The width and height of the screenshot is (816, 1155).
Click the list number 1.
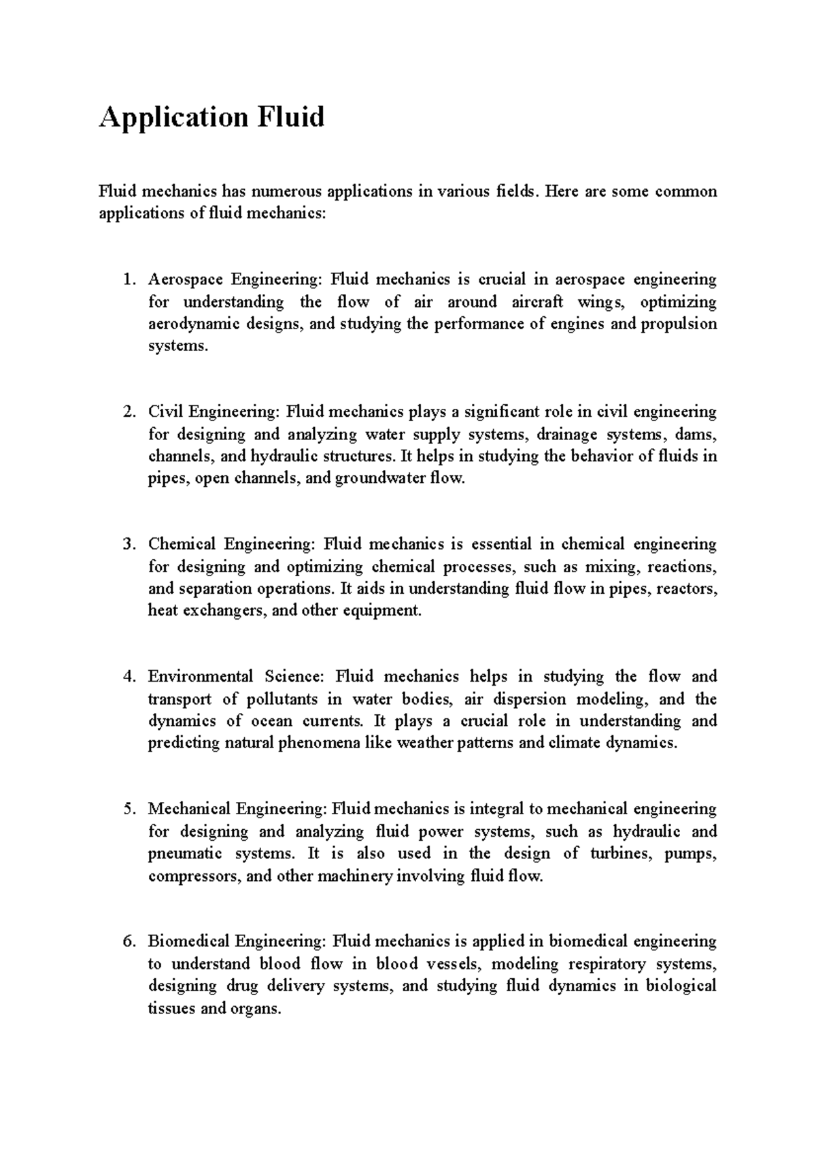coord(128,280)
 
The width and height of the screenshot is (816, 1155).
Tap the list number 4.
coord(128,677)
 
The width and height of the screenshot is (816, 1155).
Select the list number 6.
coord(128,942)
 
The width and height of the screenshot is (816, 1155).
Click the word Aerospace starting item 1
coord(185,280)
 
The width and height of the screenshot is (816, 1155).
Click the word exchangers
coord(222,610)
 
